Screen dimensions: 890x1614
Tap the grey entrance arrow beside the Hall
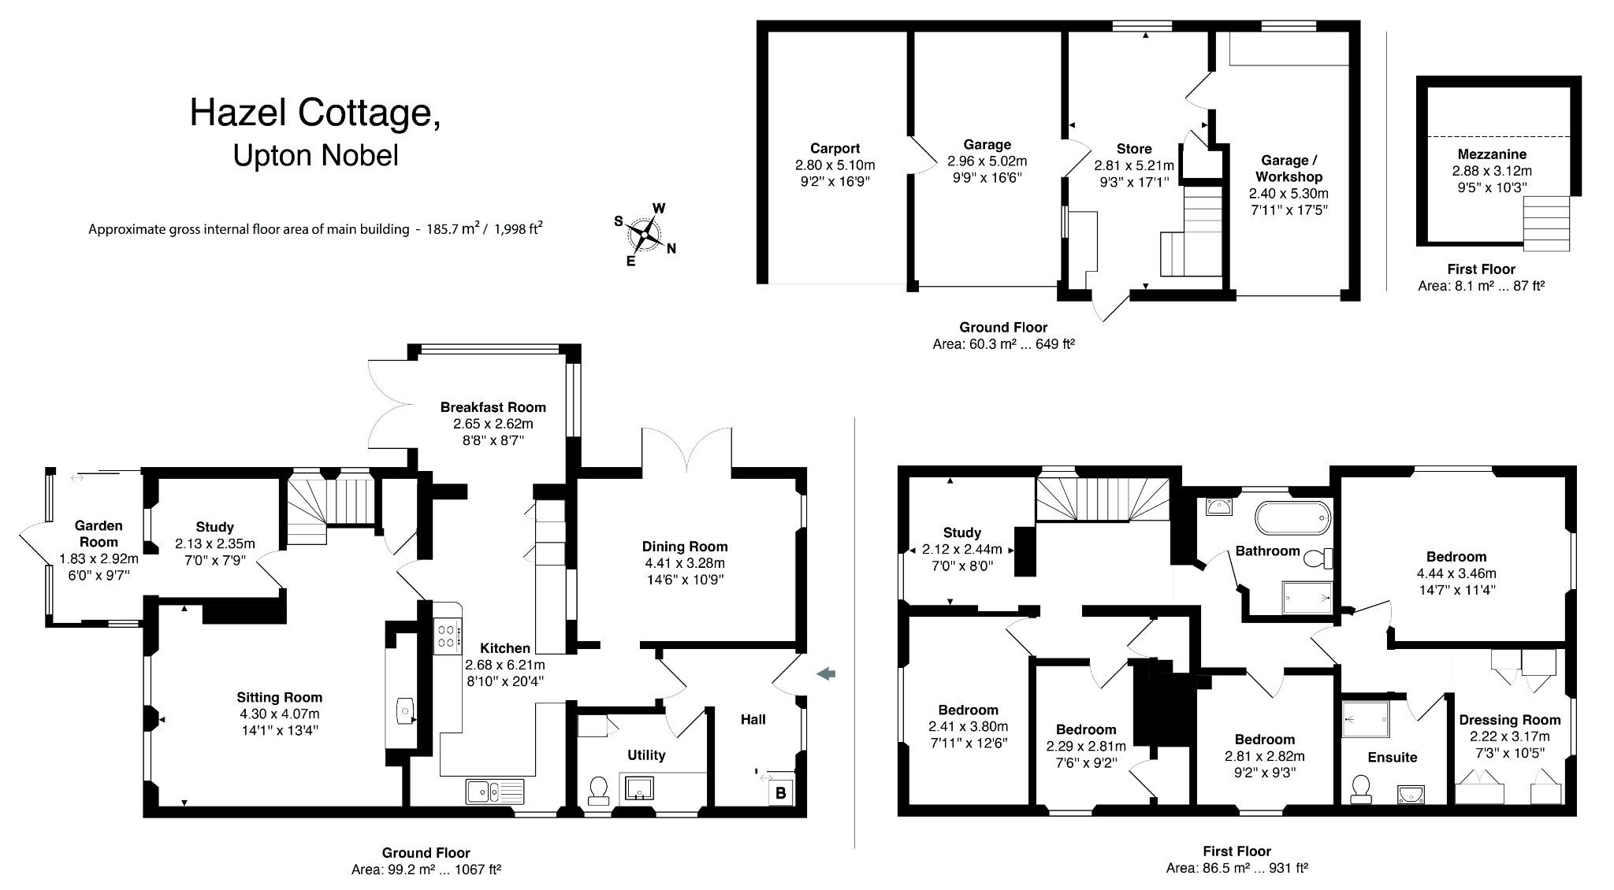[x=826, y=673]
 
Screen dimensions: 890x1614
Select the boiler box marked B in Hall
[x=780, y=792]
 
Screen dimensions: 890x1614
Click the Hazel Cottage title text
[x=315, y=113]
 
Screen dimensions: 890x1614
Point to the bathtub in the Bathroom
[x=1292, y=517]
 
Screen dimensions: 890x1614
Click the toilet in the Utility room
[x=599, y=789]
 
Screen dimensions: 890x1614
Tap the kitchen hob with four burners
[x=447, y=636]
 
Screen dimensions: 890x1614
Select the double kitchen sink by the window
[x=494, y=790]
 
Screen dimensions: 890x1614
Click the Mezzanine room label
[x=1491, y=154]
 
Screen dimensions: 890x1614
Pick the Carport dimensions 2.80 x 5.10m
[x=835, y=165]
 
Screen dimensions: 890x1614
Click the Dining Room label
[x=684, y=547]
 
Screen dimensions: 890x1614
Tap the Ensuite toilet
[x=1361, y=788]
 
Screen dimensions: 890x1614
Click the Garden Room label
[x=99, y=533]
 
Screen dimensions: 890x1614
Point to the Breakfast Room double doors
[x=390, y=404]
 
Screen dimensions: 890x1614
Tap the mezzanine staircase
[x=1545, y=223]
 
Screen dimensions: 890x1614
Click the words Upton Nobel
[x=315, y=155]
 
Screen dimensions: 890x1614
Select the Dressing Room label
[x=1509, y=720]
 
